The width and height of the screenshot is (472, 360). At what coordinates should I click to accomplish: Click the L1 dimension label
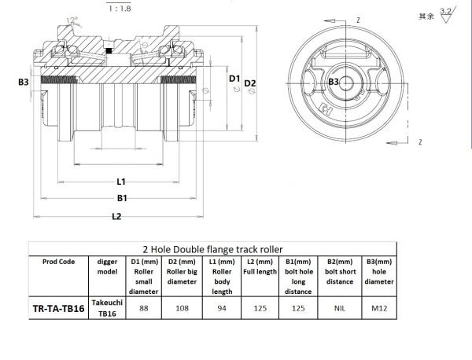point(121,182)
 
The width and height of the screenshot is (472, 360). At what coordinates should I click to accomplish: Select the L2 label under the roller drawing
point(116,216)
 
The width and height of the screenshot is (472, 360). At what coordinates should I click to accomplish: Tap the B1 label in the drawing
point(122,198)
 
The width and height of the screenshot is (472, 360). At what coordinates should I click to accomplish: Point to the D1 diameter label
point(234,79)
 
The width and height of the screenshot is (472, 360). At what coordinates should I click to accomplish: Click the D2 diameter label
point(250,83)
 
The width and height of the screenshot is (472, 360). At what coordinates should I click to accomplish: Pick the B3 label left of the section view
point(24,82)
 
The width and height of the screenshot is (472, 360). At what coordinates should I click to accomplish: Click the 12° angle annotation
point(72,20)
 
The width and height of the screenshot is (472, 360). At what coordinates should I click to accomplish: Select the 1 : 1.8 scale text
point(120,9)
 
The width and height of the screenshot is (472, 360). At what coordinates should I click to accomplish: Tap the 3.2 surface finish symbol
point(448,15)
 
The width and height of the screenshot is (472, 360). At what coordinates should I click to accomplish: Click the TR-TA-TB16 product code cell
point(58,308)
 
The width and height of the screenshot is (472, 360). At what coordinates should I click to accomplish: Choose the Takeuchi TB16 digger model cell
point(107,308)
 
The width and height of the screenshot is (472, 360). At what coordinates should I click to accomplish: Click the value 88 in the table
point(144,308)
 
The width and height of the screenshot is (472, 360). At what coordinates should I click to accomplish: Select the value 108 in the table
point(183,308)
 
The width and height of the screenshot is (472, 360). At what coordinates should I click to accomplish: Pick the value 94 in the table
point(222,308)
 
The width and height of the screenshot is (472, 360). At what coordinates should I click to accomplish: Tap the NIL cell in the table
point(340,308)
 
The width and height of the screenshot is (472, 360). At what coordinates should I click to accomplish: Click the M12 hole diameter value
point(379,308)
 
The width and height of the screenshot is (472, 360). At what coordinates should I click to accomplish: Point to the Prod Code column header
point(58,262)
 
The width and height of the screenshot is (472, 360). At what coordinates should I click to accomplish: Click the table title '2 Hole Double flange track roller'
point(212,249)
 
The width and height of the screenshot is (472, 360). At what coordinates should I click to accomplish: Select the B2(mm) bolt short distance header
point(340,272)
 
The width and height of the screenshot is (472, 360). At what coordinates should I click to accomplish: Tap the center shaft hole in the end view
point(347,83)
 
